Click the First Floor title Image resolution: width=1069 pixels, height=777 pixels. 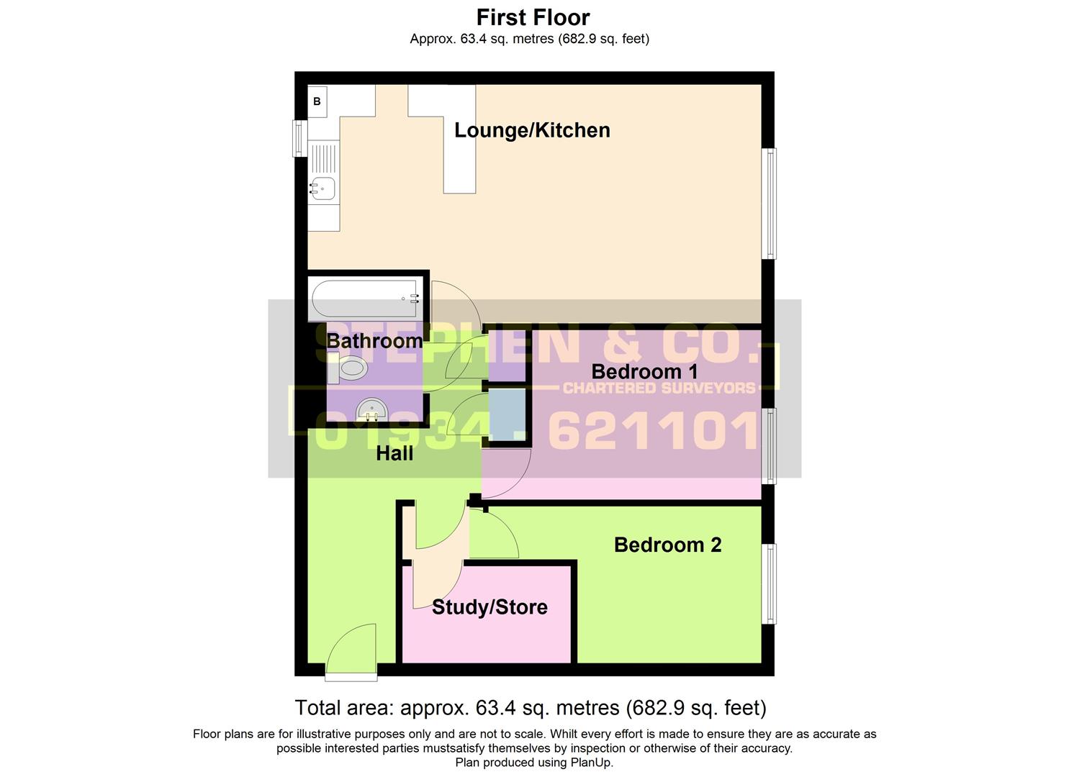tap(533, 17)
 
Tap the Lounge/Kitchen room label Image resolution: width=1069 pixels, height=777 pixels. tap(532, 130)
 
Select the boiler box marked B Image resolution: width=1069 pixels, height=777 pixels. tap(317, 101)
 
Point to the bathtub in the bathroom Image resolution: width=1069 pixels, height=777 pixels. tap(364, 298)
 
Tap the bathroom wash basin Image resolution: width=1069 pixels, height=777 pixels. tap(373, 411)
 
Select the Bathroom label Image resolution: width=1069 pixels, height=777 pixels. tap(374, 341)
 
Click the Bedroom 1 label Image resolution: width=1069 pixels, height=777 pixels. tap(644, 372)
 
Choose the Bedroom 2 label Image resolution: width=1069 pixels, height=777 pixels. tap(667, 545)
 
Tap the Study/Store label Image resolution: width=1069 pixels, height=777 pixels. tap(490, 607)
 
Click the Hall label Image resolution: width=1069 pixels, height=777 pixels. tap(394, 453)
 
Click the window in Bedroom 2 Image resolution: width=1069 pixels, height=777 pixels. tap(770, 583)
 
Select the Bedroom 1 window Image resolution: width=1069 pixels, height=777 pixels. tap(770, 446)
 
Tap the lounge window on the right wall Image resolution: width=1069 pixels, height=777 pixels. tap(770, 203)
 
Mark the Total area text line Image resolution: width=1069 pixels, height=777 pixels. tap(531, 708)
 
